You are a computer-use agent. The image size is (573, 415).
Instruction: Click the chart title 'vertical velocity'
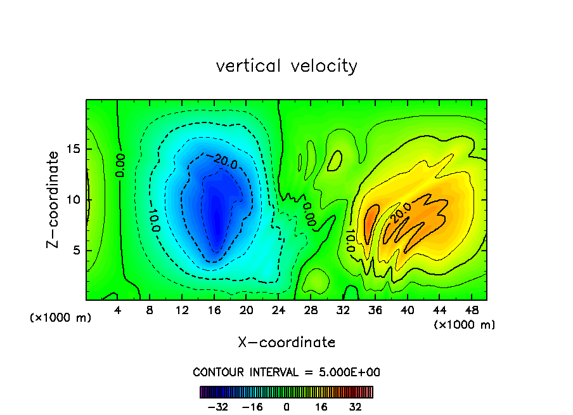pos(286,66)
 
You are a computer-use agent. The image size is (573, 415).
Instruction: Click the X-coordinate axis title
pos(286,343)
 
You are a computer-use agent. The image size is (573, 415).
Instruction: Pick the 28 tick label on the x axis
pos(311,310)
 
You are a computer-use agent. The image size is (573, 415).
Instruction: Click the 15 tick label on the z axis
pos(72,150)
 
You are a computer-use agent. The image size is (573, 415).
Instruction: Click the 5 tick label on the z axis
pos(75,250)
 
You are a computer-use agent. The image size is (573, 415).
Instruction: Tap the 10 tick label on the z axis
pos(72,200)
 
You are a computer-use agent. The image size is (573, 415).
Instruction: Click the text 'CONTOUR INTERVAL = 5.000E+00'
pos(286,372)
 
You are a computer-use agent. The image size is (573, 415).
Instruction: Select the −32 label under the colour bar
pos(218,407)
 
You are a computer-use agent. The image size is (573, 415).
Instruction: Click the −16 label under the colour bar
pos(252,407)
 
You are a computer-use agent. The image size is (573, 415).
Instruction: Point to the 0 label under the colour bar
pos(286,407)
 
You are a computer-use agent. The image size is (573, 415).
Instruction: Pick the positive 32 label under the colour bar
pos(356,407)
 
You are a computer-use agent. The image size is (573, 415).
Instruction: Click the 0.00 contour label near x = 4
pos(120,165)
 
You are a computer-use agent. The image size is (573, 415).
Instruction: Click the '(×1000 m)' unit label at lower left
pos(61,318)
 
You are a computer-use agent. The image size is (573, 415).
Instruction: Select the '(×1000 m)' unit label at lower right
pos(465,325)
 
